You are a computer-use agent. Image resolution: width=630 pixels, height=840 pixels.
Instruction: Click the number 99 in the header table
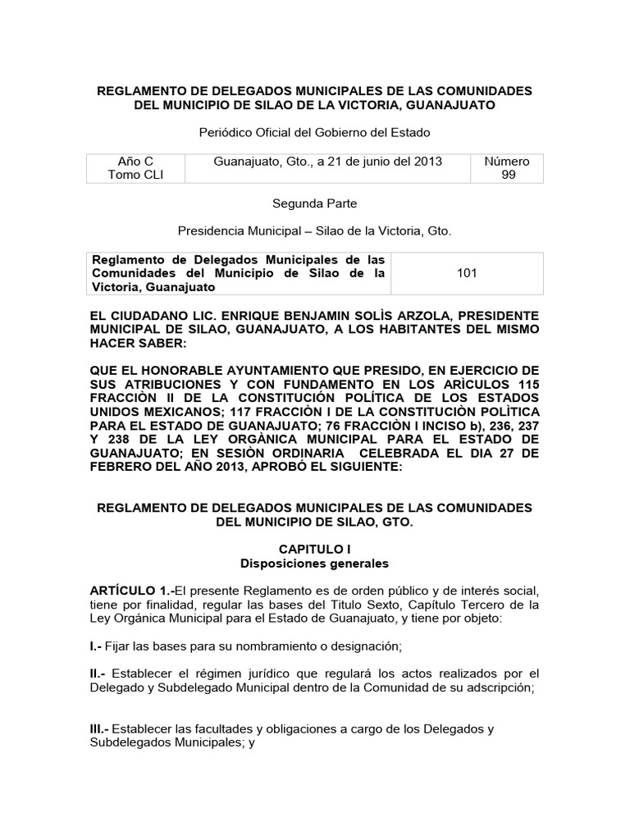pyautogui.click(x=508, y=176)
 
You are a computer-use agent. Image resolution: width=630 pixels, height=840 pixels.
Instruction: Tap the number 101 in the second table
pyautogui.click(x=468, y=273)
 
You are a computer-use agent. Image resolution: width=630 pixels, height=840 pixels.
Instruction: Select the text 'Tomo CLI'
pyautogui.click(x=135, y=176)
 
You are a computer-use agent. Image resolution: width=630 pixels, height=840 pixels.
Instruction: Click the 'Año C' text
pyautogui.click(x=135, y=162)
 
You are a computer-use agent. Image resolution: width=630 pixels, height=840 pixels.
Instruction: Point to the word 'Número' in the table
pyautogui.click(x=508, y=162)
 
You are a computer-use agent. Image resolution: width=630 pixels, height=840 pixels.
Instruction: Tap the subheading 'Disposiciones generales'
pyautogui.click(x=314, y=564)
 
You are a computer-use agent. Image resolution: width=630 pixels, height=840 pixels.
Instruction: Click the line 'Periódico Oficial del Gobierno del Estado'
pyautogui.click(x=315, y=132)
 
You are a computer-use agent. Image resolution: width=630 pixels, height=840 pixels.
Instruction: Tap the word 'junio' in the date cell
pyautogui.click(x=368, y=162)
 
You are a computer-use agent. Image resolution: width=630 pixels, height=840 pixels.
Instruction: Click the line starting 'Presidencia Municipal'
pyautogui.click(x=315, y=231)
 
